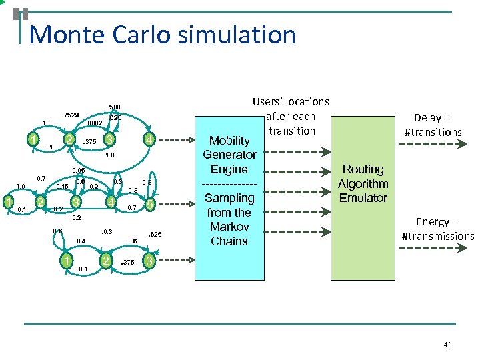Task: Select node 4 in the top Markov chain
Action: point(151,140)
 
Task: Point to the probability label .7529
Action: point(71,115)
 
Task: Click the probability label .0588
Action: point(112,107)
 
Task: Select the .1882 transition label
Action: point(94,123)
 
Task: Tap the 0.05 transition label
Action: point(79,171)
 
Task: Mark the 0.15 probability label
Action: point(63,187)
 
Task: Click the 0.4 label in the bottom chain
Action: point(81,241)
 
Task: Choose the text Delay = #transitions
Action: point(433,125)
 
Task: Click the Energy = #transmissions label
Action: point(437,229)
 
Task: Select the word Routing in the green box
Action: point(363,169)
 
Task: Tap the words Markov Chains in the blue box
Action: point(229,234)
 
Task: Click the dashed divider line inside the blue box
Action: point(229,183)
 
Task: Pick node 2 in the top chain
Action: point(69,139)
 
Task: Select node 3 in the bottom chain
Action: point(151,260)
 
